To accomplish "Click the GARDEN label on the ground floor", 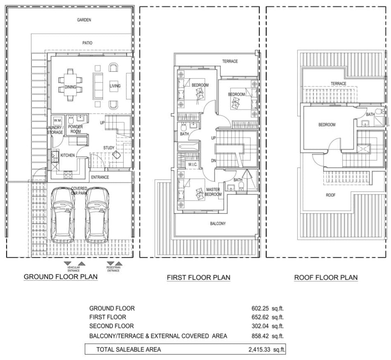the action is click(x=84, y=20).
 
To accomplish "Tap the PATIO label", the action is click(x=87, y=43).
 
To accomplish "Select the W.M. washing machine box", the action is click(x=57, y=121).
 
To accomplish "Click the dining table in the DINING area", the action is click(x=70, y=85).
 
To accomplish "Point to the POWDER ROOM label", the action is click(x=76, y=129).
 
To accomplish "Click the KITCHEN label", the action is click(x=67, y=156).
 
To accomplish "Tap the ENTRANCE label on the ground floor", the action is click(x=100, y=178).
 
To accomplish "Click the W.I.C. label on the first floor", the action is click(x=193, y=165).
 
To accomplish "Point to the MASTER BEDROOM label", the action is click(x=213, y=192).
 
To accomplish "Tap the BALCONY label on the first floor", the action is click(x=218, y=224).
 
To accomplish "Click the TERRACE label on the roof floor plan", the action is click(x=339, y=84).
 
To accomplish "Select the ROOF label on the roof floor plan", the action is click(x=331, y=195).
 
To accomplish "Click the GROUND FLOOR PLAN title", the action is click(x=61, y=277).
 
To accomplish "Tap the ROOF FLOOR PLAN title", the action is click(x=326, y=277).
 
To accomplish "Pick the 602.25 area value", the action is click(x=260, y=308).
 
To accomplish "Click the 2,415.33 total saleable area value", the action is click(x=259, y=350).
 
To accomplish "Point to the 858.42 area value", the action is click(x=260, y=336).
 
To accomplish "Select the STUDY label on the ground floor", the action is click(x=109, y=148).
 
